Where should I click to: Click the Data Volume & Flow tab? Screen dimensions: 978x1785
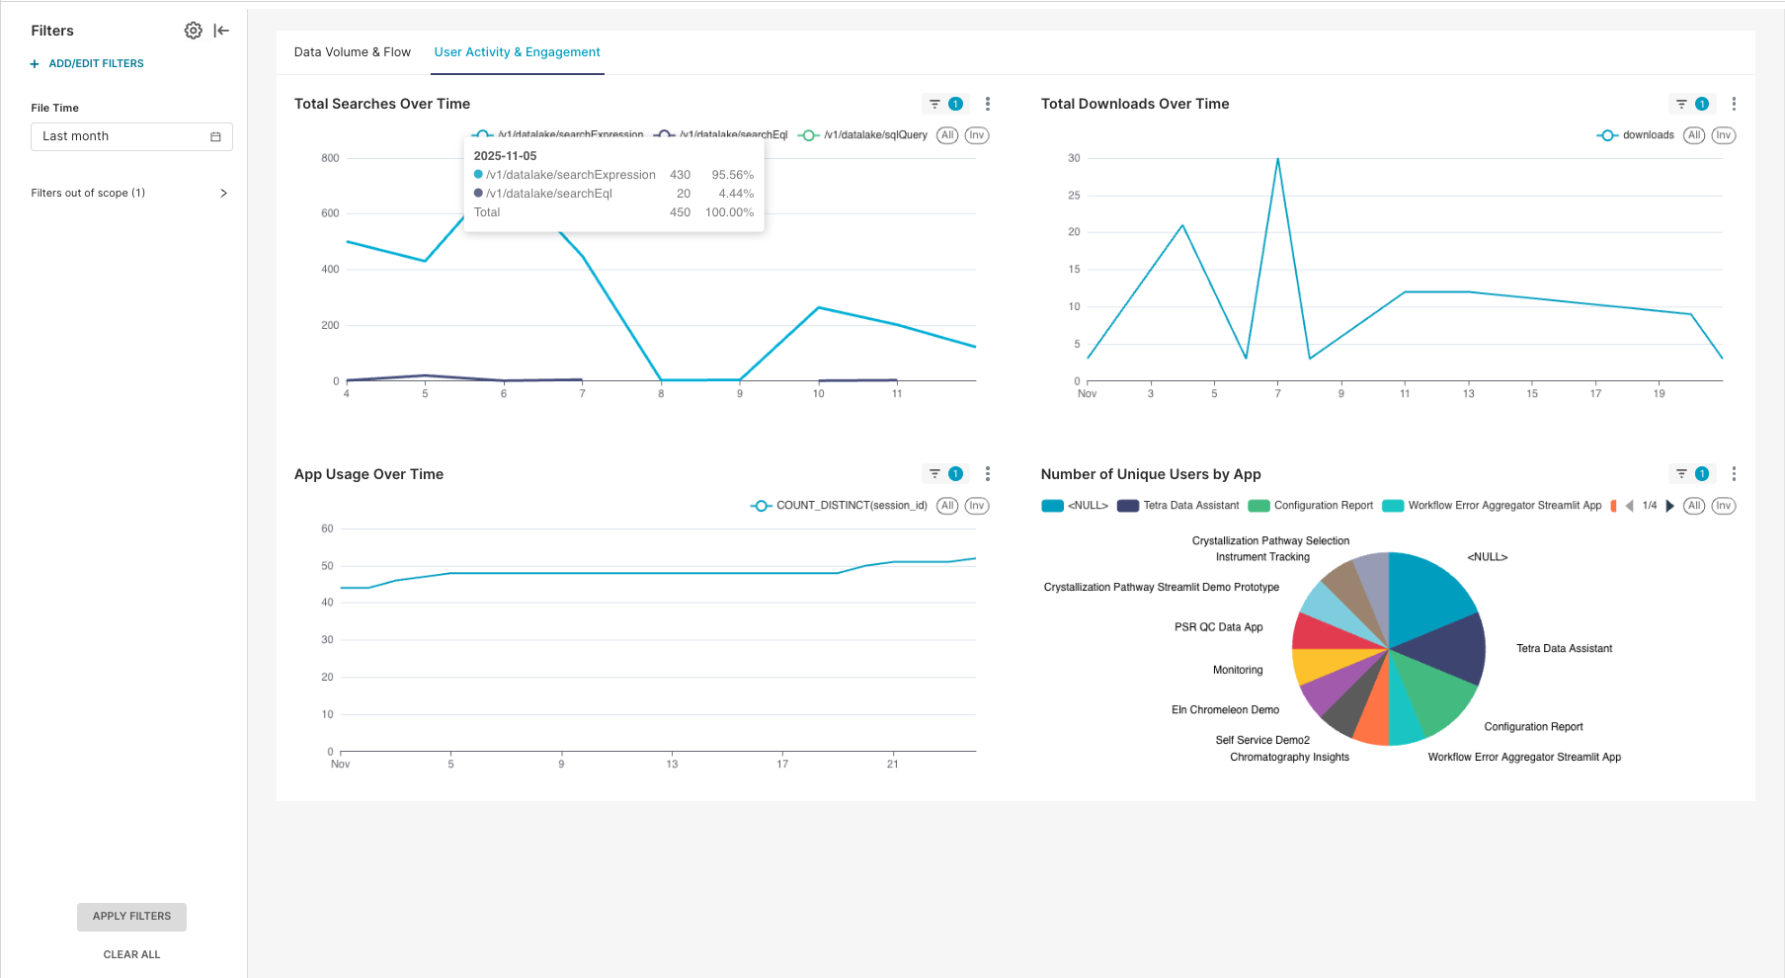(x=352, y=52)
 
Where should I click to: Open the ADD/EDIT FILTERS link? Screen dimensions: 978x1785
(x=96, y=63)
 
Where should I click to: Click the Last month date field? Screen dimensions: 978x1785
(x=131, y=136)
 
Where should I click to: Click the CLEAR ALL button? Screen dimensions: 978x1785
(x=131, y=954)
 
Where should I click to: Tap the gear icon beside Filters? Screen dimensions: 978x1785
(x=194, y=31)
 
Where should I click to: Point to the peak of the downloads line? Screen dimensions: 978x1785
(x=1277, y=159)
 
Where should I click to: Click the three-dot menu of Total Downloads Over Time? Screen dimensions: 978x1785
(x=1734, y=104)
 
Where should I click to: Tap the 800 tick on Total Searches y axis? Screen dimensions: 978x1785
(x=330, y=158)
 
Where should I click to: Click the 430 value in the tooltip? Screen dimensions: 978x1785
(x=680, y=175)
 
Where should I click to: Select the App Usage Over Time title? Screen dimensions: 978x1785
(x=368, y=474)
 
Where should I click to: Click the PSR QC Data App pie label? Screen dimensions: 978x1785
(x=1218, y=627)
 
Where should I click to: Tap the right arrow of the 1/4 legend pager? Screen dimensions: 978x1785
(x=1669, y=506)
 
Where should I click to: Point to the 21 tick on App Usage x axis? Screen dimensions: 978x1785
(x=892, y=764)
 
